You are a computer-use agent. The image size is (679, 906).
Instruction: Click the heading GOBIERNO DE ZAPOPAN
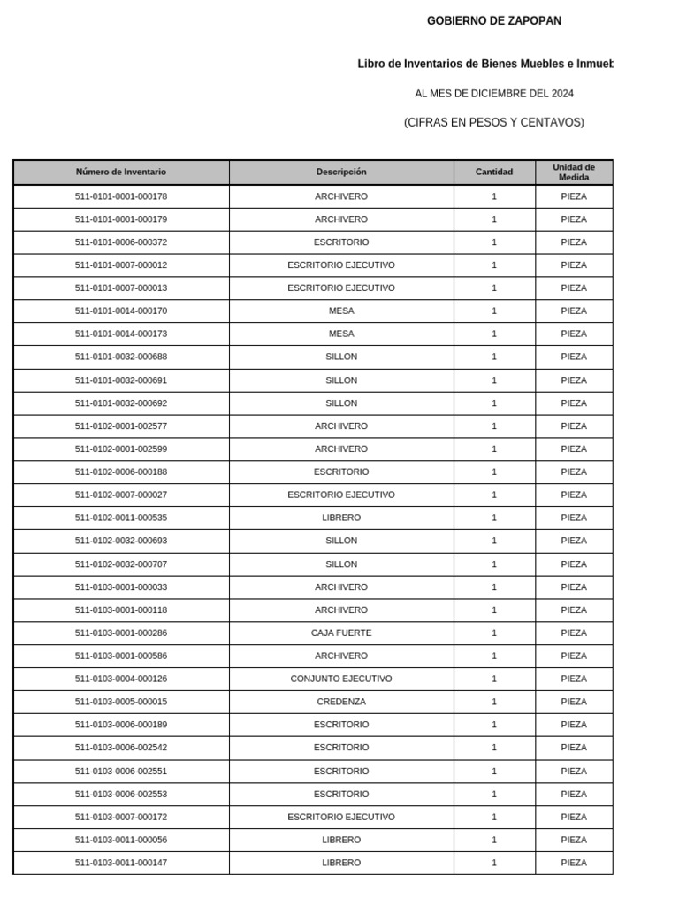click(x=493, y=21)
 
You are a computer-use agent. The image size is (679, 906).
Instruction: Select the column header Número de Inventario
click(x=121, y=173)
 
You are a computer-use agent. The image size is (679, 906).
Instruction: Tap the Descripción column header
click(x=341, y=173)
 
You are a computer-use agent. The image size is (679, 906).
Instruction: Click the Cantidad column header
click(x=494, y=173)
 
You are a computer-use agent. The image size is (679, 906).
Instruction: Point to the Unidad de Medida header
click(x=574, y=173)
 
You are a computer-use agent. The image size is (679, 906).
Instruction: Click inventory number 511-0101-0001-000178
click(x=121, y=196)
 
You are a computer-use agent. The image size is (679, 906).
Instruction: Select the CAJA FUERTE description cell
click(x=341, y=633)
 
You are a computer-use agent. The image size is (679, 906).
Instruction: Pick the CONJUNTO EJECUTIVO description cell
click(x=341, y=679)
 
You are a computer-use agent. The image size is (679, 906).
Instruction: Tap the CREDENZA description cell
click(x=341, y=703)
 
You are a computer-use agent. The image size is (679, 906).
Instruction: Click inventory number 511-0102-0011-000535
click(x=121, y=518)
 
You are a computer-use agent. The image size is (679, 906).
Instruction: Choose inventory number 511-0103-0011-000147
click(x=121, y=864)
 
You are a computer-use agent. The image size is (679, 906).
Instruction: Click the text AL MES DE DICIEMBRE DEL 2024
click(x=494, y=94)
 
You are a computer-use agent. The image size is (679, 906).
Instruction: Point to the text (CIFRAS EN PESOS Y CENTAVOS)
click(x=494, y=123)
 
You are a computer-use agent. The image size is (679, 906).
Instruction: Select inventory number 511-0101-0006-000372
click(x=121, y=242)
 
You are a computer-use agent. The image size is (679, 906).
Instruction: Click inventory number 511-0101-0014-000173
click(x=121, y=334)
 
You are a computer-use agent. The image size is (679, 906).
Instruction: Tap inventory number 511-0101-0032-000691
click(x=121, y=380)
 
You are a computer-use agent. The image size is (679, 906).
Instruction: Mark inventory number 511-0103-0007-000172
click(x=121, y=818)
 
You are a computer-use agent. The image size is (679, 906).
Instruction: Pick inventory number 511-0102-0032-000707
click(x=121, y=564)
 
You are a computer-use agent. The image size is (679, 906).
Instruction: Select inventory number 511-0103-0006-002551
click(x=121, y=772)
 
